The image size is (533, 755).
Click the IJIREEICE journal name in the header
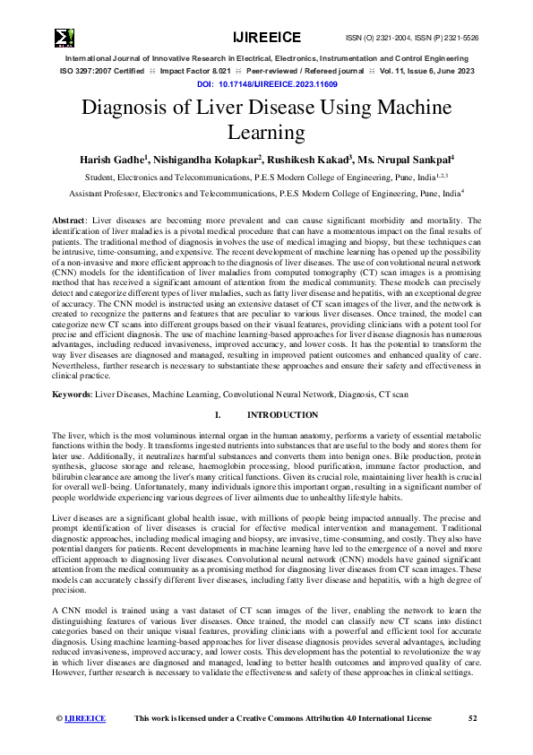266,37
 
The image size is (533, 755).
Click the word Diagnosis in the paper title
134,109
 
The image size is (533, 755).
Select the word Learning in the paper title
266,134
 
